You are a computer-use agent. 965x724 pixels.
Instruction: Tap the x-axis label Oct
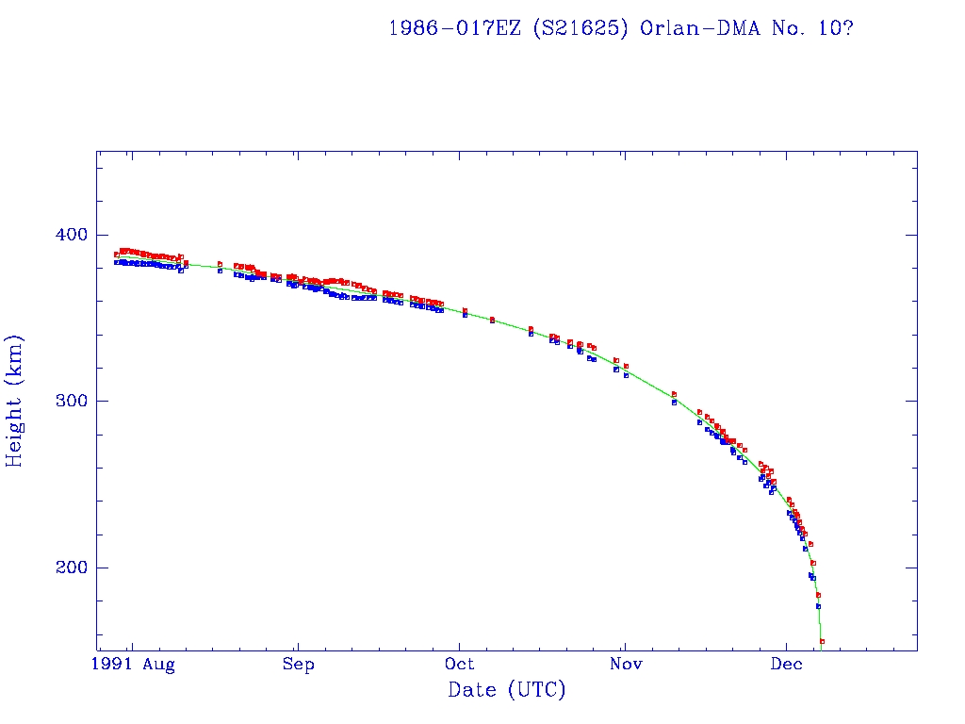pos(461,666)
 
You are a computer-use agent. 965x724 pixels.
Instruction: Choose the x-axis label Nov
pos(625,666)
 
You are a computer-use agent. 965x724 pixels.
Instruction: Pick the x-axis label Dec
pos(787,666)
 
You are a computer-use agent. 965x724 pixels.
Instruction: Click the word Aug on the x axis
pos(159,666)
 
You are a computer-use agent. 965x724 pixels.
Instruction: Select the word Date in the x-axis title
pos(472,690)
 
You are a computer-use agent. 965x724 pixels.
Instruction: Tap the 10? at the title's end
pos(836,27)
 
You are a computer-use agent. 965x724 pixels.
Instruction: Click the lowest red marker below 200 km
pos(822,641)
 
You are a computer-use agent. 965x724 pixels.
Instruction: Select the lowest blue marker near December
pos(818,606)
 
